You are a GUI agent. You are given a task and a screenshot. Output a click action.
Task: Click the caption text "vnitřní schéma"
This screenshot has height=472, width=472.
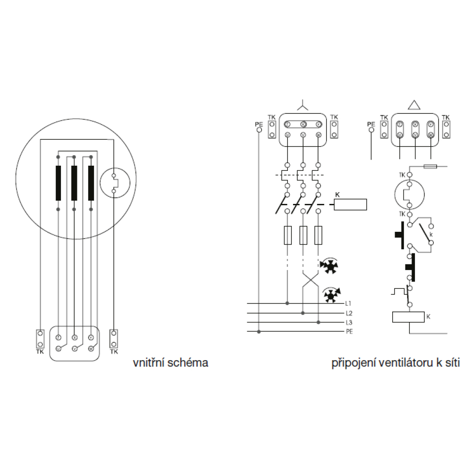click(170, 363)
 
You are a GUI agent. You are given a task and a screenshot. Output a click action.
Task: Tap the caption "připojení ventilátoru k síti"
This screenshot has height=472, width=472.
click(396, 363)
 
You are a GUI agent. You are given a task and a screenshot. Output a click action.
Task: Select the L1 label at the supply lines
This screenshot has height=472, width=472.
click(349, 303)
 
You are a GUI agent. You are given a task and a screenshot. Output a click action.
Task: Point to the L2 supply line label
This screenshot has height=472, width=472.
click(349, 313)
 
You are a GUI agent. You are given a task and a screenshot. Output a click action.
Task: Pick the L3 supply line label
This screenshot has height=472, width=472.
click(349, 323)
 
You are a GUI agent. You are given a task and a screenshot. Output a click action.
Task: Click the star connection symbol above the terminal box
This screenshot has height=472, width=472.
click(303, 105)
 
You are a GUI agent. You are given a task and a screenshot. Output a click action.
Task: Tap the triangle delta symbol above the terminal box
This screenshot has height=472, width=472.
click(414, 105)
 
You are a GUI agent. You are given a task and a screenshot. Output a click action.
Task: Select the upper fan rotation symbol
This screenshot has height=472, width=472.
click(330, 267)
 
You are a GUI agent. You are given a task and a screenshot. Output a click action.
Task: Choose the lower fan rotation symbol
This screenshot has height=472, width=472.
click(331, 295)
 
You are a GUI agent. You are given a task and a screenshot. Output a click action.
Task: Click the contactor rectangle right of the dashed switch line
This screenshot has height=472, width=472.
click(350, 204)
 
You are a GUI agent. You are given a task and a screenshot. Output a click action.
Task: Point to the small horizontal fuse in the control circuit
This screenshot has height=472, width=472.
click(433, 166)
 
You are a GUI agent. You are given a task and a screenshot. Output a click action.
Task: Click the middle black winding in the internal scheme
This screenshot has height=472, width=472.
click(74, 183)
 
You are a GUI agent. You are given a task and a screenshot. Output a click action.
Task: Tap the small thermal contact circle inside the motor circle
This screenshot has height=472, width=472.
click(114, 184)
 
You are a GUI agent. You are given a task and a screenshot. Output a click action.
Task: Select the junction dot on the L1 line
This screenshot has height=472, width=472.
click(287, 303)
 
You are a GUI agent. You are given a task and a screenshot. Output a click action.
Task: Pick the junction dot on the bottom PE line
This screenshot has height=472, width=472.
click(259, 332)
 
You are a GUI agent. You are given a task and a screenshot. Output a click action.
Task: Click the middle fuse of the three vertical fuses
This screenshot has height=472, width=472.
click(303, 235)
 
